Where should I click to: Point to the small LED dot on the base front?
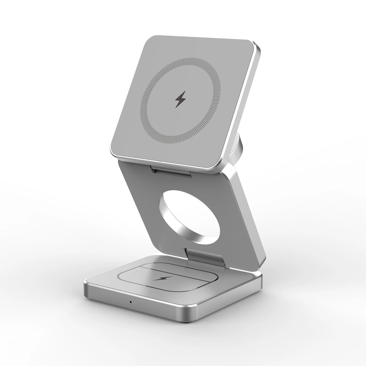[x=130, y=302]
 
